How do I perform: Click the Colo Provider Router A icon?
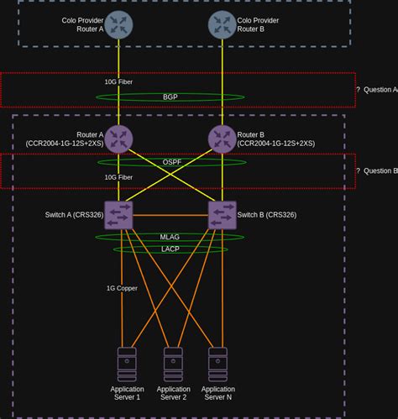(x=118, y=24)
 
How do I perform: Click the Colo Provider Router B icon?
(x=222, y=24)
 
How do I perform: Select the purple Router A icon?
(x=118, y=139)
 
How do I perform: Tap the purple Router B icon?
(x=222, y=139)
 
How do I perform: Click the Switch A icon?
(x=118, y=215)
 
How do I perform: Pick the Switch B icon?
(x=222, y=215)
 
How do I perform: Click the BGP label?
(x=170, y=97)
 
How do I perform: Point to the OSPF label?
(x=172, y=162)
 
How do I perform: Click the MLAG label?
(x=170, y=238)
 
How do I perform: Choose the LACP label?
(x=170, y=249)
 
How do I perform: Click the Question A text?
(x=376, y=89)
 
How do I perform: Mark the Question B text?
(x=376, y=170)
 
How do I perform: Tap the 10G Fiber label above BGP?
(x=118, y=82)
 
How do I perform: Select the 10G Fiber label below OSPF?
(x=118, y=177)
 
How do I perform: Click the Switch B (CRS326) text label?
(x=267, y=215)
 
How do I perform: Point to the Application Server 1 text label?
(x=127, y=394)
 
